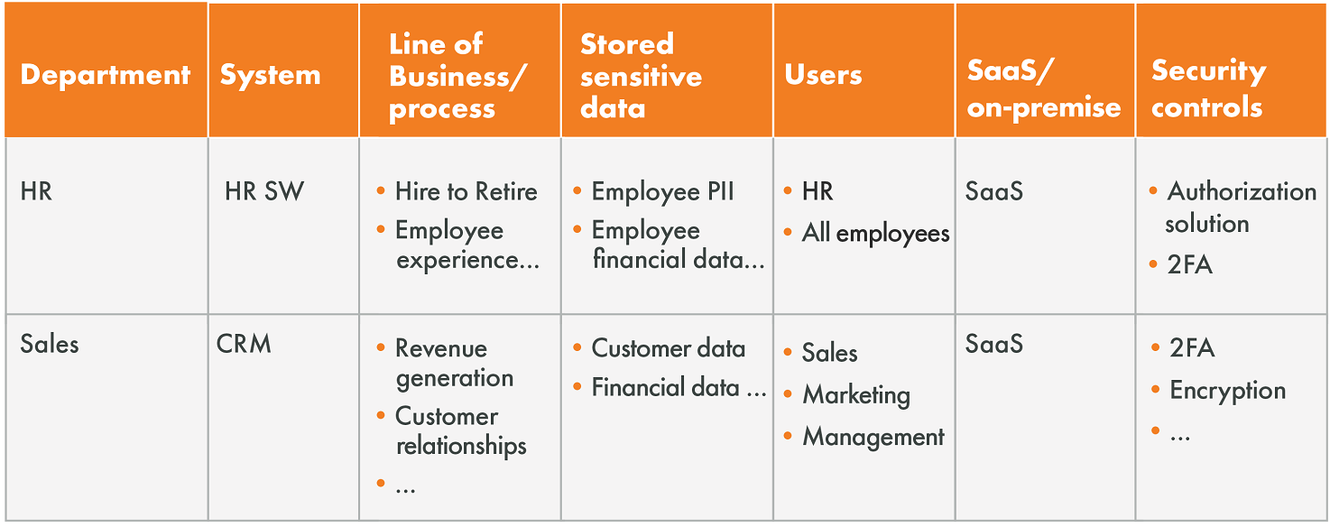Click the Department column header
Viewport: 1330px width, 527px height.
(x=105, y=75)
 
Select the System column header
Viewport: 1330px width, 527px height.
(x=270, y=76)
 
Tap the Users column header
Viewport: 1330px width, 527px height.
(x=823, y=75)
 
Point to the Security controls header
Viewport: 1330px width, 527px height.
(x=1209, y=88)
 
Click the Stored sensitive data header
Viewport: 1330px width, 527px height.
(x=642, y=76)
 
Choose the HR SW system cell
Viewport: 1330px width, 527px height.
(x=264, y=191)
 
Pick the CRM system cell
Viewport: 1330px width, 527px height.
(x=244, y=344)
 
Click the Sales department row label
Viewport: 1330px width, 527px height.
(x=50, y=344)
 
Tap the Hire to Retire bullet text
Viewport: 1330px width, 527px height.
(x=466, y=191)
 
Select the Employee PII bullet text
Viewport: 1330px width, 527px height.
(x=662, y=192)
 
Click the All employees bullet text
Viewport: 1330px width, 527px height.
(x=876, y=233)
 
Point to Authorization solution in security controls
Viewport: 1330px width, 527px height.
(x=1241, y=208)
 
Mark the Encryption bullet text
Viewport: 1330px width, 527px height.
(x=1228, y=391)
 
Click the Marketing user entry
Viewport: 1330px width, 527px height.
(x=856, y=395)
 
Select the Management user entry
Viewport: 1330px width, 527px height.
(x=873, y=438)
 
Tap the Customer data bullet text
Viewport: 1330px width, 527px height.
(x=668, y=348)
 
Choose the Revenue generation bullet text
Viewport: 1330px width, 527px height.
(x=454, y=363)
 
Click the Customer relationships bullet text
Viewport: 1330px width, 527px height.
(x=461, y=430)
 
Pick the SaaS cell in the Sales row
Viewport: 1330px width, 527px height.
(x=994, y=344)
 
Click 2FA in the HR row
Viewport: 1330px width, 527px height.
(x=1189, y=264)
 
